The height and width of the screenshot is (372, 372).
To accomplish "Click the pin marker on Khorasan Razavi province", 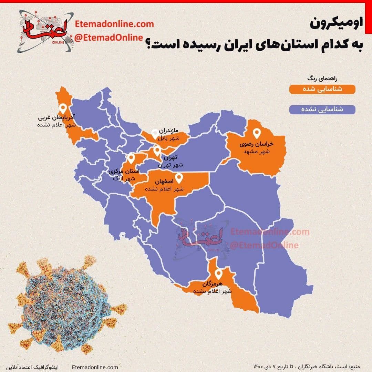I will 257,133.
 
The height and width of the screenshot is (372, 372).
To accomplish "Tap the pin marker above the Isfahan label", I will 179,178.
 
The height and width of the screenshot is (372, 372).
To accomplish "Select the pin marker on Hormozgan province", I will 218,274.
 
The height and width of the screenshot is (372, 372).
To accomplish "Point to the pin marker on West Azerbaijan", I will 63,108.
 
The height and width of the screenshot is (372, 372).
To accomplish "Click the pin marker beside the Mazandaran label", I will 155,133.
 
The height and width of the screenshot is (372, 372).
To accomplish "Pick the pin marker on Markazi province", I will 131,158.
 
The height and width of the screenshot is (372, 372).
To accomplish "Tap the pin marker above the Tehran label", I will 157,150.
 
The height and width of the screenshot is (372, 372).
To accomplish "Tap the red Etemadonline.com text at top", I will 114,24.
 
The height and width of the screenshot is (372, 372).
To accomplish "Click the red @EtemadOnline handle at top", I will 108,37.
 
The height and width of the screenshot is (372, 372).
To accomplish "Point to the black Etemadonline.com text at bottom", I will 95,367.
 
